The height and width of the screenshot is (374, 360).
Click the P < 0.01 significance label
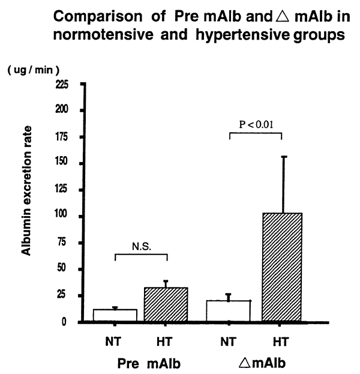(x=256, y=125)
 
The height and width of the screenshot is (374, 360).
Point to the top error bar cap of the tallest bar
(x=283, y=157)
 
